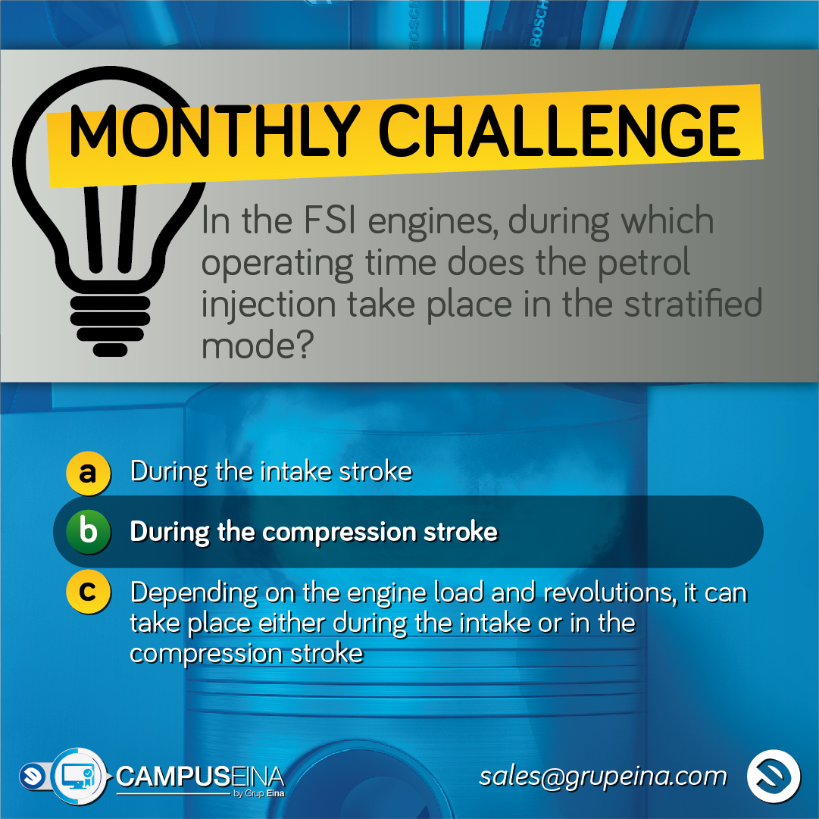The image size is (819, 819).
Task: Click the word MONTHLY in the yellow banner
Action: coord(214,130)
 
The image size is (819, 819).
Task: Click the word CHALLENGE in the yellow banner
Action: coord(559,130)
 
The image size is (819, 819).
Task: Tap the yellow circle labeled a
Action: coord(89,473)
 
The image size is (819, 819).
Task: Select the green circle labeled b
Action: coord(89,532)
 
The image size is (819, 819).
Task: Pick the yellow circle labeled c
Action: coord(89,592)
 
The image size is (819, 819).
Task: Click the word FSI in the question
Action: coord(330,220)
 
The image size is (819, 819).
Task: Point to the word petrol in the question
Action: coord(643,264)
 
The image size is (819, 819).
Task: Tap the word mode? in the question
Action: coord(258,345)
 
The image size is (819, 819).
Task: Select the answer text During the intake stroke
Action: coord(271,472)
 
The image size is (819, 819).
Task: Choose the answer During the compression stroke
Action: coord(314,533)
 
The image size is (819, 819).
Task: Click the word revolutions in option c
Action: coord(610,592)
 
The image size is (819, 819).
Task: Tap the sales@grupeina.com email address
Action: coord(603,777)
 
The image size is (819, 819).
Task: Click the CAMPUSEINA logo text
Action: coord(200,777)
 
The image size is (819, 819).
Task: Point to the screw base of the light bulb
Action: coord(110,326)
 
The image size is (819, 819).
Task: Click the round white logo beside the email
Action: coord(773,776)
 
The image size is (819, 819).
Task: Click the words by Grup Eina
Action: coord(259,793)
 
